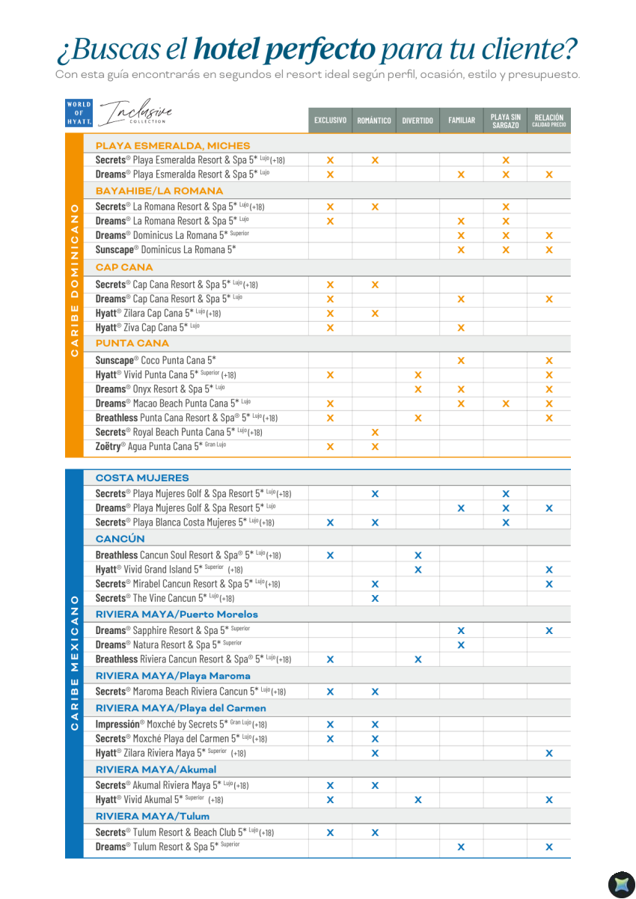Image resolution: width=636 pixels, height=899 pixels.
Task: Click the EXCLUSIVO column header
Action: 330,121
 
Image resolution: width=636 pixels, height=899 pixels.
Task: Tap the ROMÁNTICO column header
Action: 374,121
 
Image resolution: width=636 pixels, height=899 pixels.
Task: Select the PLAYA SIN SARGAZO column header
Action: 506,121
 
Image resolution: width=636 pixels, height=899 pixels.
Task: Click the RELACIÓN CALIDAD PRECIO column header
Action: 548,121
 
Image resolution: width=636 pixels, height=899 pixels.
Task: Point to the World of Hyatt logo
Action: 79,113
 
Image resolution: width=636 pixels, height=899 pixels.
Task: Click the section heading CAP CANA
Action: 124,267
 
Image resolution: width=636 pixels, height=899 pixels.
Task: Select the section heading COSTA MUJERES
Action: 142,478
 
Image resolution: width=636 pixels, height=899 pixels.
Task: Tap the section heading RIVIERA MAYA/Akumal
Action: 156,770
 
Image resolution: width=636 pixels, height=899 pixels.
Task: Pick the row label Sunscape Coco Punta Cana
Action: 156,360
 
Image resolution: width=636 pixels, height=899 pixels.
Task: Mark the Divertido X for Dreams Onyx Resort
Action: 418,389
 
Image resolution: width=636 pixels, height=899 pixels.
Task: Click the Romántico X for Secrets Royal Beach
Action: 375,432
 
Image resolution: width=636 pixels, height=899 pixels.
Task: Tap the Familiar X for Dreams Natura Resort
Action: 461,644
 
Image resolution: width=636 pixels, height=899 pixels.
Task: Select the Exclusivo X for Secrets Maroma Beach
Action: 330,692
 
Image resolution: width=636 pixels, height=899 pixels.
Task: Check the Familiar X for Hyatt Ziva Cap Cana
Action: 461,328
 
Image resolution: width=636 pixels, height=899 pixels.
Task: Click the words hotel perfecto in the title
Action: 284,50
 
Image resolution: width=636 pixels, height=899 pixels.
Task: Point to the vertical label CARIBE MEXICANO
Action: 74,662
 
